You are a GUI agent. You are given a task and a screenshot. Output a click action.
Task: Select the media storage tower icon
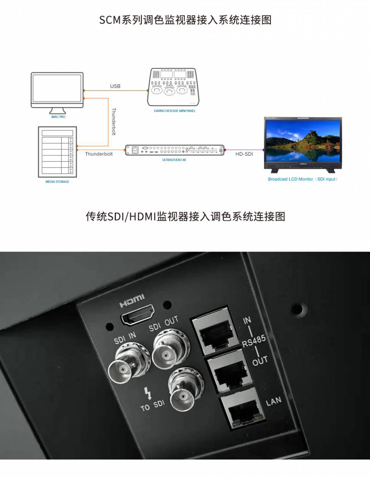point(57,151)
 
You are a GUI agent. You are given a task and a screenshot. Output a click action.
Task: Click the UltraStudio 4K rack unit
point(175,150)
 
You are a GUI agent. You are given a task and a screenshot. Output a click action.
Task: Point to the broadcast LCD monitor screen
point(303,139)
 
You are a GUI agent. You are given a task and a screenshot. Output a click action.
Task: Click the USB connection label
point(115,86)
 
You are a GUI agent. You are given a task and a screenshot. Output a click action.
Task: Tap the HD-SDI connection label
point(244,154)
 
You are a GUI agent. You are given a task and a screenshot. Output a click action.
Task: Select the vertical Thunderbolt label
point(114,121)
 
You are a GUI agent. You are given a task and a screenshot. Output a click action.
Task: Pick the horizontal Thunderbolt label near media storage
point(99,154)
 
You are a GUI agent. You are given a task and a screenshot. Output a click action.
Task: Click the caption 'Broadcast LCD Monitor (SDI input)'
point(303,179)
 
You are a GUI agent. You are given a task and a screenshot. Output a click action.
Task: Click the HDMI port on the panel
point(138,316)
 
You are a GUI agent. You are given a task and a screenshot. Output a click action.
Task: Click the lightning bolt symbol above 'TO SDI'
point(148,393)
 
